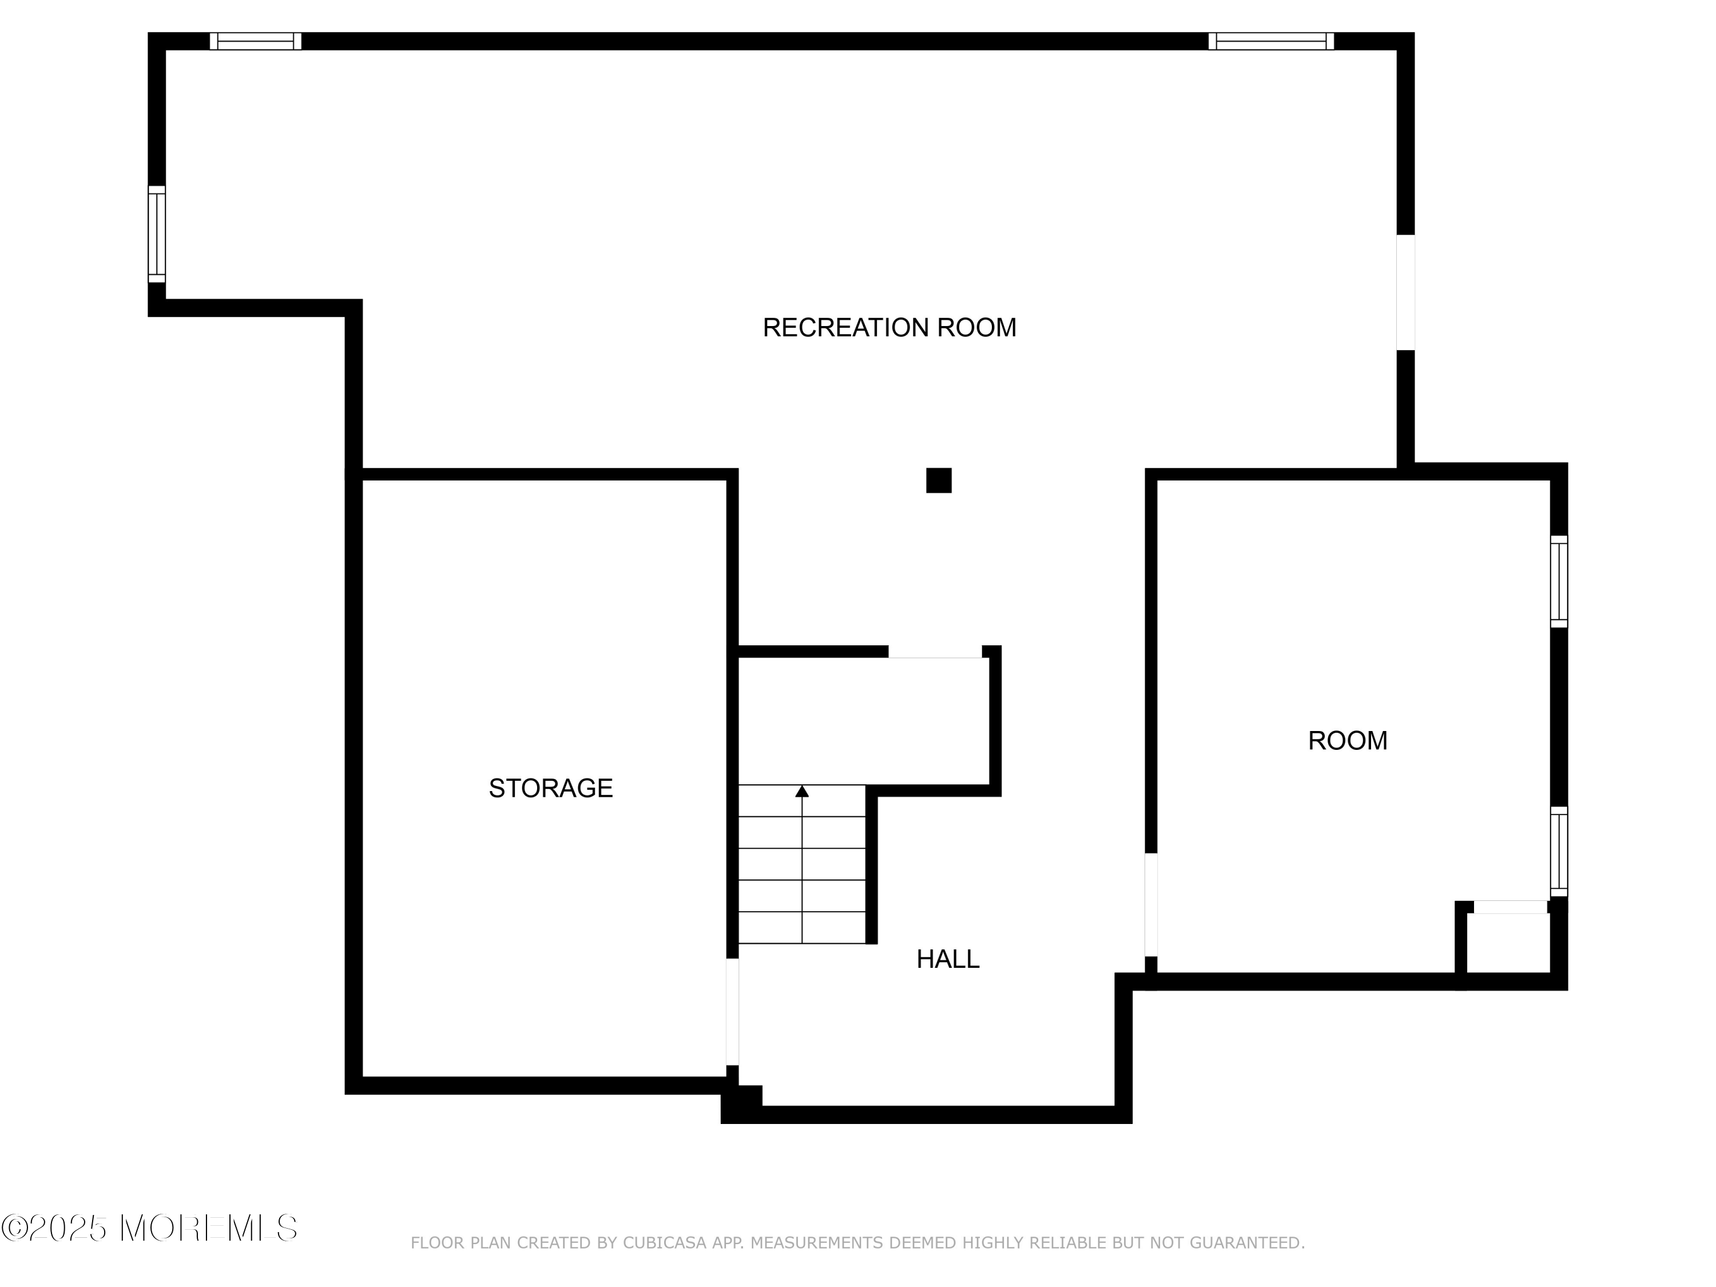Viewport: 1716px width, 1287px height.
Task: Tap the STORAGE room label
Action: [x=550, y=788]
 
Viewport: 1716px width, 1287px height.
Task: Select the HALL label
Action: [x=947, y=960]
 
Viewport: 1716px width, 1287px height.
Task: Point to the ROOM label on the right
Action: [x=1348, y=741]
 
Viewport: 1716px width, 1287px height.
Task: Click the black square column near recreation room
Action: [x=938, y=480]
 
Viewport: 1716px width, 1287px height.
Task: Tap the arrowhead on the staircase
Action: [x=802, y=791]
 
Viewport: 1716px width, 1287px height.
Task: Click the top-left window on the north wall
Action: [x=255, y=41]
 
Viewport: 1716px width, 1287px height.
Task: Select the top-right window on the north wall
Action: [x=1271, y=41]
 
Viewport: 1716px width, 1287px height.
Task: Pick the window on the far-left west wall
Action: [x=157, y=235]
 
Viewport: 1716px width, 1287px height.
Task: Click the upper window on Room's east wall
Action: [x=1559, y=582]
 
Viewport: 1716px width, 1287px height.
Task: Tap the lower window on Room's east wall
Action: [x=1559, y=852]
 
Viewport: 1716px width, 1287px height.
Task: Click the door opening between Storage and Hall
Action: [x=732, y=1012]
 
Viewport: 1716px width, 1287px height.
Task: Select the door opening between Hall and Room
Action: [x=1151, y=905]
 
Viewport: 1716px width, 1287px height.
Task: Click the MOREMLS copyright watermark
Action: [x=149, y=1229]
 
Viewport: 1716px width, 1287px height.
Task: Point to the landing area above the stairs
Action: [x=861, y=721]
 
